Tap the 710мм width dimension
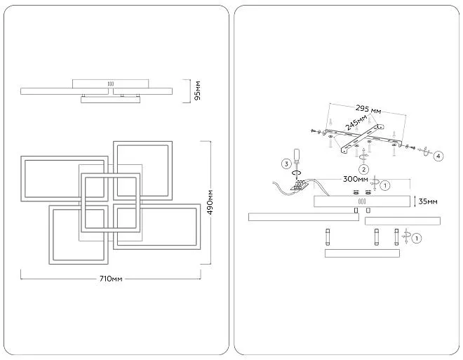111,279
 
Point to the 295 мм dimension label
368,109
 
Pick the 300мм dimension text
357,180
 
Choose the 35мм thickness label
428,201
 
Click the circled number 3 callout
286,164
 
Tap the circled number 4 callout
438,156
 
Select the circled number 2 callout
363,168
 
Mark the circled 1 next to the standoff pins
417,239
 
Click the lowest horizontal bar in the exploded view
362,253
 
